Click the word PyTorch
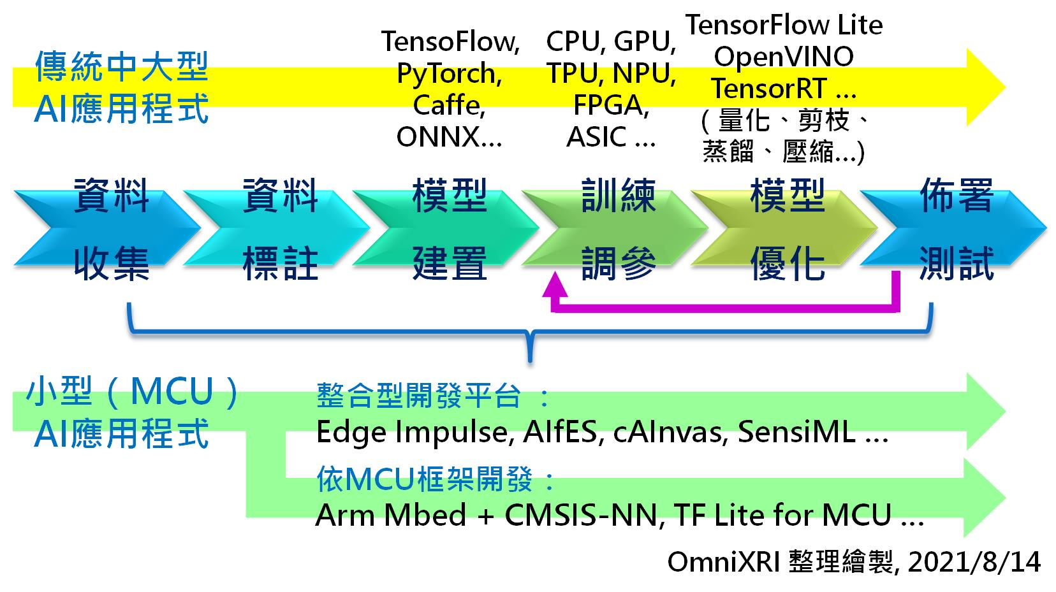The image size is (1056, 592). [x=448, y=73]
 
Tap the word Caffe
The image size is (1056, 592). [x=448, y=105]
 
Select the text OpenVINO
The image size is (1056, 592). [x=783, y=57]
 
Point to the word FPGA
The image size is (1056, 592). [x=610, y=105]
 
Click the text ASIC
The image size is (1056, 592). [x=597, y=137]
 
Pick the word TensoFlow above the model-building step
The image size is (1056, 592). [x=450, y=42]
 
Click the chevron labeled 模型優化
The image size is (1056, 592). [x=788, y=228]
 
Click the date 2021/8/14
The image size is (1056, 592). [x=974, y=563]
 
